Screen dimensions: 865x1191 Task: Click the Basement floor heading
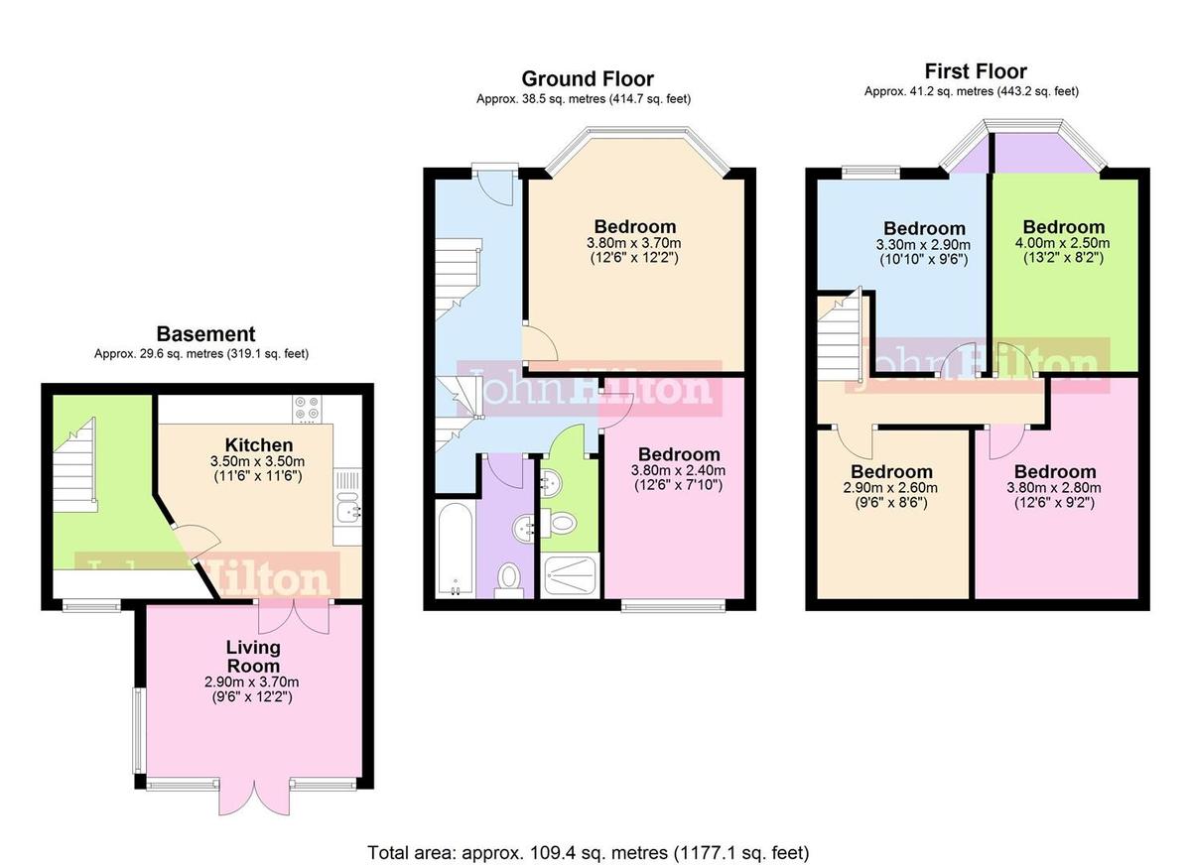(205, 334)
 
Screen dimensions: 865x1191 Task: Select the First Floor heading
(975, 71)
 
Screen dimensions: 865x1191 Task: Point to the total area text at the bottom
(589, 852)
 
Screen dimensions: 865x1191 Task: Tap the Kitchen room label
(258, 445)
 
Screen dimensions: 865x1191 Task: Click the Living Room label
(252, 656)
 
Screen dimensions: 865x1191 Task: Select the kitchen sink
(347, 510)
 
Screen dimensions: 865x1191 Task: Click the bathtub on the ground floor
(454, 549)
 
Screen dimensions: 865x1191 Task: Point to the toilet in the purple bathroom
(509, 576)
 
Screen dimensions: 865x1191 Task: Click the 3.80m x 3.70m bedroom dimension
(634, 243)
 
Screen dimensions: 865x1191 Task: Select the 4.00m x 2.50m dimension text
(1064, 243)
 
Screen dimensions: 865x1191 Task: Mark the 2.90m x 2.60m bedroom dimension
(891, 488)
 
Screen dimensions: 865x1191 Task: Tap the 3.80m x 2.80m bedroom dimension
(1054, 488)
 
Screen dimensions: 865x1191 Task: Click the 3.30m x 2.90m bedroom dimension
(924, 244)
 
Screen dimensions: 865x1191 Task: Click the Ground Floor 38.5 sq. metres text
(583, 99)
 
